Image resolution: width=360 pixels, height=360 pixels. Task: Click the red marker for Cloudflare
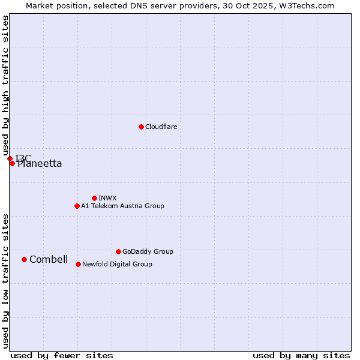(x=141, y=127)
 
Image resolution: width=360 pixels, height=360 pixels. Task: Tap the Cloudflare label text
(x=161, y=127)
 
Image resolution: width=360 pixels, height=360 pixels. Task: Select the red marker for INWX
(x=94, y=198)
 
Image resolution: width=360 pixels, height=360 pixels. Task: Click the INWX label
(x=107, y=198)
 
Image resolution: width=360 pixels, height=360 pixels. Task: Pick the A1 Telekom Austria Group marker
(x=77, y=206)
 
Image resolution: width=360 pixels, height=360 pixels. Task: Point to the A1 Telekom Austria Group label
(x=122, y=206)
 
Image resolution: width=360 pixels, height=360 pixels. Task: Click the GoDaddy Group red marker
(x=118, y=251)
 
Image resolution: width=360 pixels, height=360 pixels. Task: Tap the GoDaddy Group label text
(x=148, y=251)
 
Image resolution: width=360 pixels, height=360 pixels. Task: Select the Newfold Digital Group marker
(x=78, y=264)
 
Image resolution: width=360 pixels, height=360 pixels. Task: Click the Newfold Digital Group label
(x=117, y=264)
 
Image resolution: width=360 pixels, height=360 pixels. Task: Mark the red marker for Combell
(x=24, y=259)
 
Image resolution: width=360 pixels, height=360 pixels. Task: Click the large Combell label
(x=49, y=259)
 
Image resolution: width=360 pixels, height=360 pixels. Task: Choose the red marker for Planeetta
(x=12, y=163)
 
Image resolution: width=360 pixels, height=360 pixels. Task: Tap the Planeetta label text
(x=40, y=164)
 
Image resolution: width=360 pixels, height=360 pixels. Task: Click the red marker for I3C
(x=10, y=158)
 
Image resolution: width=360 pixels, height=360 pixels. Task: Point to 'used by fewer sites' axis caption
(x=62, y=355)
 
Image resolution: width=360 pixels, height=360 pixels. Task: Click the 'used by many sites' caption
(x=301, y=355)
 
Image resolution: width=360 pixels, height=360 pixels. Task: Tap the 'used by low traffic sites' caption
(x=5, y=281)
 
